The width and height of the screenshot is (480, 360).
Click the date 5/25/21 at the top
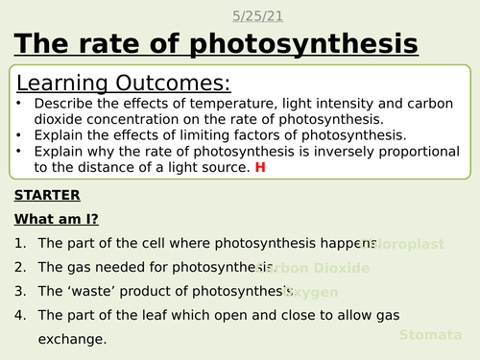(x=256, y=16)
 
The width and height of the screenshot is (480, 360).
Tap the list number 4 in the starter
(x=20, y=315)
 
